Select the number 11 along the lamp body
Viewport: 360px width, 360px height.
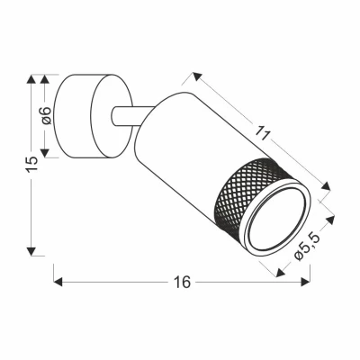[262, 134]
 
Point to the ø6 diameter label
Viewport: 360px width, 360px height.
[46, 115]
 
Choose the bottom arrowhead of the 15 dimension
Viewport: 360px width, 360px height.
[33, 247]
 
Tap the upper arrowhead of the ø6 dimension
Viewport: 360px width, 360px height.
[46, 78]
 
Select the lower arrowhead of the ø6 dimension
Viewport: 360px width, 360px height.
[46, 155]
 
